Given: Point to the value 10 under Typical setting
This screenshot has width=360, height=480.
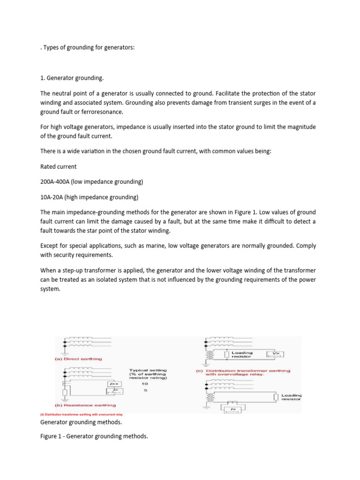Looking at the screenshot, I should [x=145, y=383].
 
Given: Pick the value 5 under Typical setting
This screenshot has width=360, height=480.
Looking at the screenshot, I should [x=145, y=390].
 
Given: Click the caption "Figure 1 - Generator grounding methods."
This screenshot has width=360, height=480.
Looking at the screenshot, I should [x=94, y=436].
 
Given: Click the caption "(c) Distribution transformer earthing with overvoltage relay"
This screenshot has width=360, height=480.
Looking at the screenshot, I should [x=243, y=373].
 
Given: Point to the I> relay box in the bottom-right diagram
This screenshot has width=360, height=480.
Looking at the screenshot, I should [x=233, y=409].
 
